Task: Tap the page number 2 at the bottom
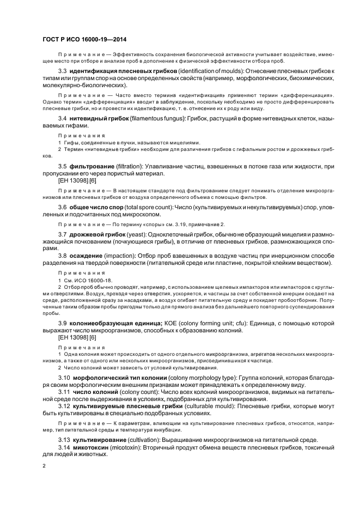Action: coord(44,466)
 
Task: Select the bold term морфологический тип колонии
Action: coord(121,377)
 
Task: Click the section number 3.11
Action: coord(64,392)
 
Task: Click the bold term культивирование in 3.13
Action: coord(102,440)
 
